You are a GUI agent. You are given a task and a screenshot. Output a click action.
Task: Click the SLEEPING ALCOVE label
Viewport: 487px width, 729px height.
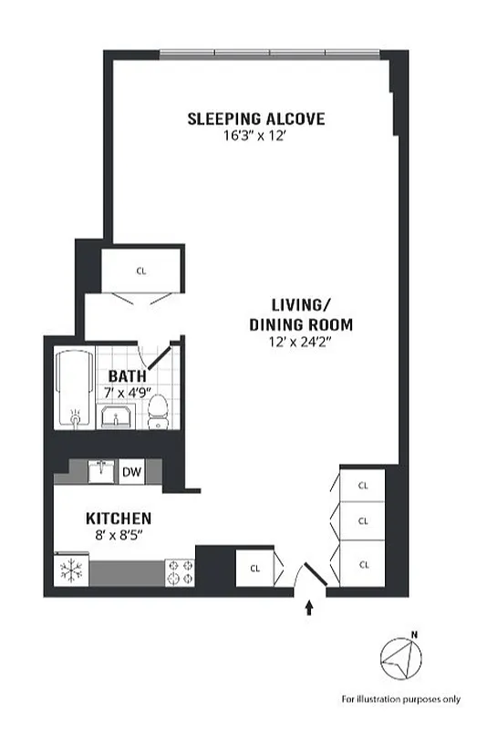click(255, 118)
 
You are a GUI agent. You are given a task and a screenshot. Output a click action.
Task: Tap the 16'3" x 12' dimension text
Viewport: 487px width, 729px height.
click(255, 136)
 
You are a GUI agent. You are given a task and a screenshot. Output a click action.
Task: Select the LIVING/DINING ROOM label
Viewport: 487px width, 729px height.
click(300, 314)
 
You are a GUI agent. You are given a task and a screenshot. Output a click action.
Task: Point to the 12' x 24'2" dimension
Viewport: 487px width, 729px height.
click(300, 342)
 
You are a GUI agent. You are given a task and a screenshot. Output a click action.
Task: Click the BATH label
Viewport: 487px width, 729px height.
click(125, 376)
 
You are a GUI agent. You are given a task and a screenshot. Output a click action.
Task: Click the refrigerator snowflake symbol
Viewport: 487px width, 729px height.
click(69, 571)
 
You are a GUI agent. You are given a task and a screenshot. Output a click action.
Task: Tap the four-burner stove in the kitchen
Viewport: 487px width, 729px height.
click(179, 571)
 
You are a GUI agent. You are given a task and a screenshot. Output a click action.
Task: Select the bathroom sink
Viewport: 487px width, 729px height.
click(117, 419)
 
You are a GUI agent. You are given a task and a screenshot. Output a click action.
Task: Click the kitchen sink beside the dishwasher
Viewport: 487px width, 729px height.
click(100, 472)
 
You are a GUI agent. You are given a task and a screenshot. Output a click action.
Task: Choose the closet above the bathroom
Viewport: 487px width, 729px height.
click(140, 271)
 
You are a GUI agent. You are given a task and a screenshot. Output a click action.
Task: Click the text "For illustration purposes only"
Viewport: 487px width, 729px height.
click(401, 699)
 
